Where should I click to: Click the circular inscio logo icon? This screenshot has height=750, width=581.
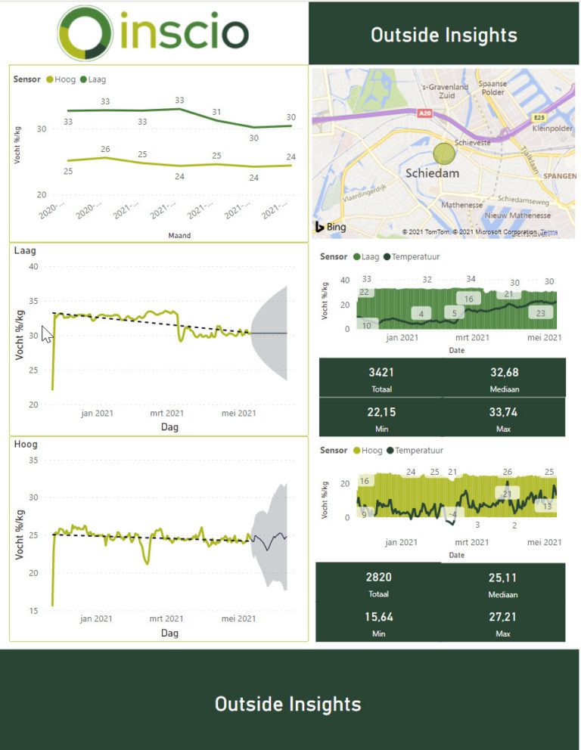[85, 33]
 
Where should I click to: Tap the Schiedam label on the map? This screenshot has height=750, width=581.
[432, 173]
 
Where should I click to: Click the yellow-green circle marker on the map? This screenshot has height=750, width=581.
[444, 153]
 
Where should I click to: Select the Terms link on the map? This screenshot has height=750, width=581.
[548, 232]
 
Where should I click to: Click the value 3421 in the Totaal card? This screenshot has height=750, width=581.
[381, 372]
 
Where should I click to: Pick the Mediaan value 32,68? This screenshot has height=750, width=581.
[504, 372]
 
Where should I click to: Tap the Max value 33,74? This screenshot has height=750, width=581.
[504, 412]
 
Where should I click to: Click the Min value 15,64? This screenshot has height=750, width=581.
[378, 617]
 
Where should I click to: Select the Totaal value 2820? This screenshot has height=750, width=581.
[378, 578]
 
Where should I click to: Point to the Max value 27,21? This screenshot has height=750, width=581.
[503, 617]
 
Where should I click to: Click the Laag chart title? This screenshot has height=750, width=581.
[25, 251]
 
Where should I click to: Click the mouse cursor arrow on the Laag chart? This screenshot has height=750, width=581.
[46, 334]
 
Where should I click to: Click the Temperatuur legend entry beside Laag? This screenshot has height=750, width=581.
[415, 257]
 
